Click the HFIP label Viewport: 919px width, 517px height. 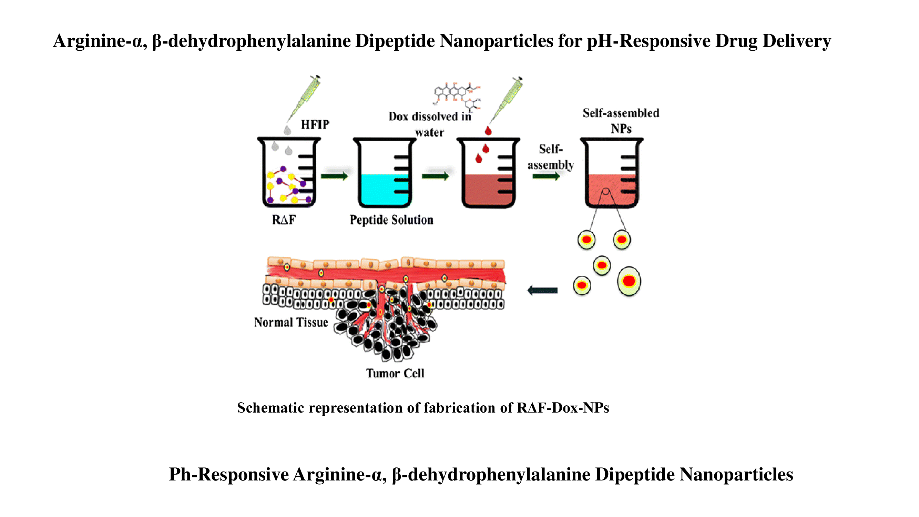coord(315,124)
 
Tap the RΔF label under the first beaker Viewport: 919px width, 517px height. coord(284,220)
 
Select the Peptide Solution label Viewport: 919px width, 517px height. coord(391,220)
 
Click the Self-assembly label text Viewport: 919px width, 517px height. coord(551,157)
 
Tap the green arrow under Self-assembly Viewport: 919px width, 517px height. coord(546,176)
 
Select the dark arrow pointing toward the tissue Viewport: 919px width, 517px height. coord(542,291)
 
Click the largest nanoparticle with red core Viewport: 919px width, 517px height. coord(629,281)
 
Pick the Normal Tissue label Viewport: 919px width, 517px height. coord(291,322)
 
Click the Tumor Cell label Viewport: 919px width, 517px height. coord(395,373)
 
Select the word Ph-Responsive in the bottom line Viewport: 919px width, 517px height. coord(229,475)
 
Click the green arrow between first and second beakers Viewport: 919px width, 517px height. coord(334,176)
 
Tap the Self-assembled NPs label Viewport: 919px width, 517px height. coord(621,121)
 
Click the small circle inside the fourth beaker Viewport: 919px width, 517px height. coord(605,192)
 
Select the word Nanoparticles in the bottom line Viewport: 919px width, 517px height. coord(736,475)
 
